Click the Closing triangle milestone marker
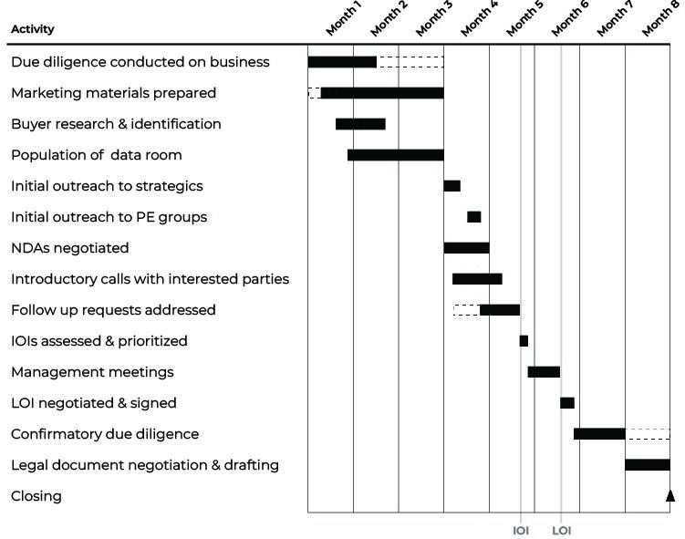point(670,496)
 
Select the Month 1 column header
point(344,18)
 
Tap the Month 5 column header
point(524,18)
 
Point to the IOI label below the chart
point(521,530)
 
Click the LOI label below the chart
point(562,530)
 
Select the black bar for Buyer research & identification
point(360,124)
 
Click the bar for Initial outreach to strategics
point(451,186)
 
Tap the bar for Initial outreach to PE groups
point(473,217)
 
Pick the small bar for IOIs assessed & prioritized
point(524,341)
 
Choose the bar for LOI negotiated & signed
point(567,403)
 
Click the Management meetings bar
point(544,372)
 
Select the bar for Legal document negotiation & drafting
point(648,465)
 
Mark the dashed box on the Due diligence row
point(410,62)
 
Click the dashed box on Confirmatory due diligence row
point(648,434)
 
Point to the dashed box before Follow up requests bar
point(466,310)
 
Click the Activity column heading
point(33,29)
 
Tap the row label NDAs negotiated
point(69,248)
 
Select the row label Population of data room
point(97,155)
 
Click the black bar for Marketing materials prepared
point(382,93)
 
